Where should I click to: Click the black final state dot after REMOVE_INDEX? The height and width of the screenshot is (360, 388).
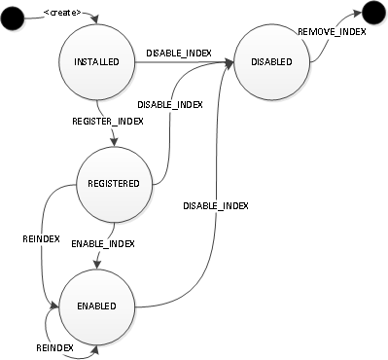371,15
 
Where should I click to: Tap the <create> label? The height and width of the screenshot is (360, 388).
63,14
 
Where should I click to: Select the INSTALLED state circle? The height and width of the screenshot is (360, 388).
95,61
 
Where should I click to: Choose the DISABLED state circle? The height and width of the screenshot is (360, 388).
272,61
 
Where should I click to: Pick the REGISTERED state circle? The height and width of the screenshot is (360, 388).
114,183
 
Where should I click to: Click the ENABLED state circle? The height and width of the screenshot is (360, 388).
95,306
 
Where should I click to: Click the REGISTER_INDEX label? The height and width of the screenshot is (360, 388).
108,122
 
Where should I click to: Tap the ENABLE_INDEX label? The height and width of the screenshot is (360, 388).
103,242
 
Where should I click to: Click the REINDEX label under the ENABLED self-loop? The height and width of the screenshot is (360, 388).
55,347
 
